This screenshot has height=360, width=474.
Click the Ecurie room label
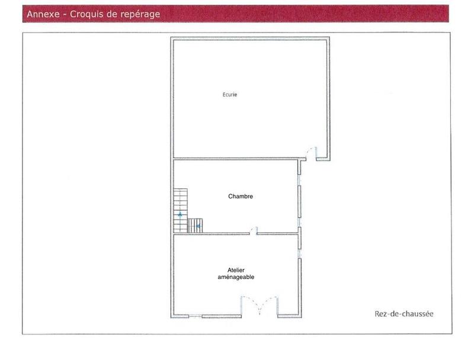point(230,94)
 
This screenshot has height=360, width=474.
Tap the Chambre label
point(241,196)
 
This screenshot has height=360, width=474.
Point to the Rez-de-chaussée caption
point(403,314)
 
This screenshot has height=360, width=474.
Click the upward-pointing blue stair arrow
point(180,214)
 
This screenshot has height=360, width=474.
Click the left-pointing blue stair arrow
point(198,226)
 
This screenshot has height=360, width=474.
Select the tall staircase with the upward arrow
point(180,210)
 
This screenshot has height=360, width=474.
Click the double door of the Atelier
point(259,307)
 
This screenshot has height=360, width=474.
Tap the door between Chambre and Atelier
point(253,230)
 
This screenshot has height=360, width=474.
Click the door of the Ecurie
point(309,154)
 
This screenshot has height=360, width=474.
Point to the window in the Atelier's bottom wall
point(195,317)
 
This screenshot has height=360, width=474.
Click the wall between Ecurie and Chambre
point(235,159)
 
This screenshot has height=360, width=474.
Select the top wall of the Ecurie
point(249,38)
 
